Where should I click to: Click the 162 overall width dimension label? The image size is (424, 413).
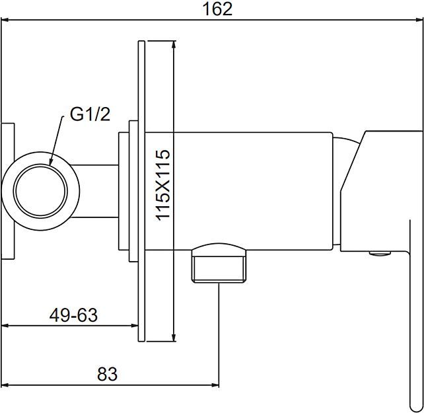217,9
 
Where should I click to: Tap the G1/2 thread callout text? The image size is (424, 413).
90,114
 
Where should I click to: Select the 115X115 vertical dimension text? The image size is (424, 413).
162,185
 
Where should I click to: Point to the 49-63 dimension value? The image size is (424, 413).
73,315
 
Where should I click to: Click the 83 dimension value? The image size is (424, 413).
108,374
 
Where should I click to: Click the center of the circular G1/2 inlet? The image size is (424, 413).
40,191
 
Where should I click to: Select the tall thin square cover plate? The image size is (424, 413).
142,191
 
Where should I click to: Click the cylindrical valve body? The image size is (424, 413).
238,191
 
